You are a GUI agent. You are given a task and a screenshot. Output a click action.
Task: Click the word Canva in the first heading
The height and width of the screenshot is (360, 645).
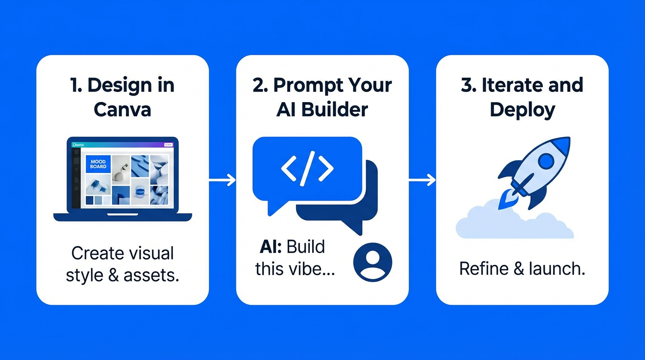click(x=122, y=110)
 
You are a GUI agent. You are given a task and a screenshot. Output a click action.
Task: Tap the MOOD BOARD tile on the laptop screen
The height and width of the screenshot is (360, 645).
click(x=98, y=164)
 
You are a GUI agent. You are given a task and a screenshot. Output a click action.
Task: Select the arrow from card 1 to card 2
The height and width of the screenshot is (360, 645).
click(x=222, y=180)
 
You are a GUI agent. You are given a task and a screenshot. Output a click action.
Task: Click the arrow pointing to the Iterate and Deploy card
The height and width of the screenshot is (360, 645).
click(x=422, y=180)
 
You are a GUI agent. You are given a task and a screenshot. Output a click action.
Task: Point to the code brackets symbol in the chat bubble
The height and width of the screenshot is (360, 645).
click(x=307, y=168)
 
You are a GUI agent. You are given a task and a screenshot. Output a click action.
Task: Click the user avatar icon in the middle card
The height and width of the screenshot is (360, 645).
click(x=373, y=262)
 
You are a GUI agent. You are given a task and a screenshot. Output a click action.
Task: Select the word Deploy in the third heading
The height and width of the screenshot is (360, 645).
click(x=522, y=110)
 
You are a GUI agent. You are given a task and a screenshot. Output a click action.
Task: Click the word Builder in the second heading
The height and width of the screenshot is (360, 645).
click(x=335, y=110)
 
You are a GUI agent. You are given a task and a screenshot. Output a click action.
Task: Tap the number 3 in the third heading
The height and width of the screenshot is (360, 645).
click(x=467, y=85)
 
